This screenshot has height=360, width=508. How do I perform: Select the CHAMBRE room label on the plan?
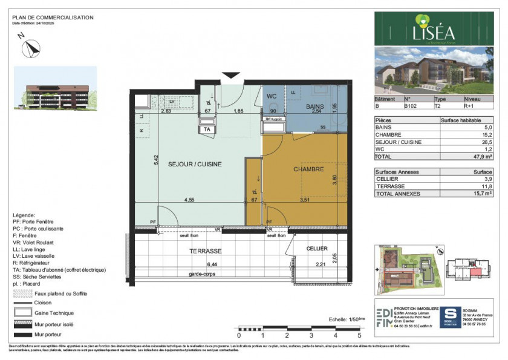point(308,169)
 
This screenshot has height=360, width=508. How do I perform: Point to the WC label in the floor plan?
point(272,96)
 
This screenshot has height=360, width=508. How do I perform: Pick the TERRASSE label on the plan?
point(205,250)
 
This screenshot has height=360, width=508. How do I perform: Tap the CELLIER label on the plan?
point(317,249)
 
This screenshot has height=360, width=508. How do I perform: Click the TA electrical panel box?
point(207,129)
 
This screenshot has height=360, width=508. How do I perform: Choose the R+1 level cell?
point(470,106)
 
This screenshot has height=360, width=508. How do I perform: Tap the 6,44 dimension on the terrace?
point(212,264)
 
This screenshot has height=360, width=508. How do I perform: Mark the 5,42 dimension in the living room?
point(156,159)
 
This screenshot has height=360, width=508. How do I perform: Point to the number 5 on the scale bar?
point(359,335)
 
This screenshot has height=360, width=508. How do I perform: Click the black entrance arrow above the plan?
point(231,76)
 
